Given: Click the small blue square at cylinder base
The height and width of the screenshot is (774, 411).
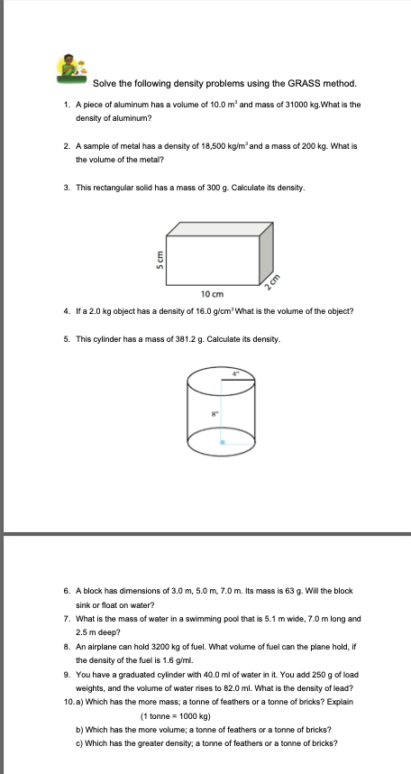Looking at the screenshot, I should click(223, 442).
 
